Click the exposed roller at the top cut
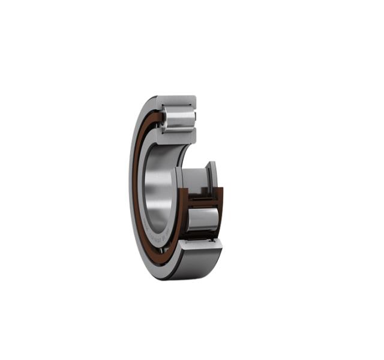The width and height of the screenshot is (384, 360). coord(178,117)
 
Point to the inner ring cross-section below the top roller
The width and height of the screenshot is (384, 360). coord(178,136)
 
